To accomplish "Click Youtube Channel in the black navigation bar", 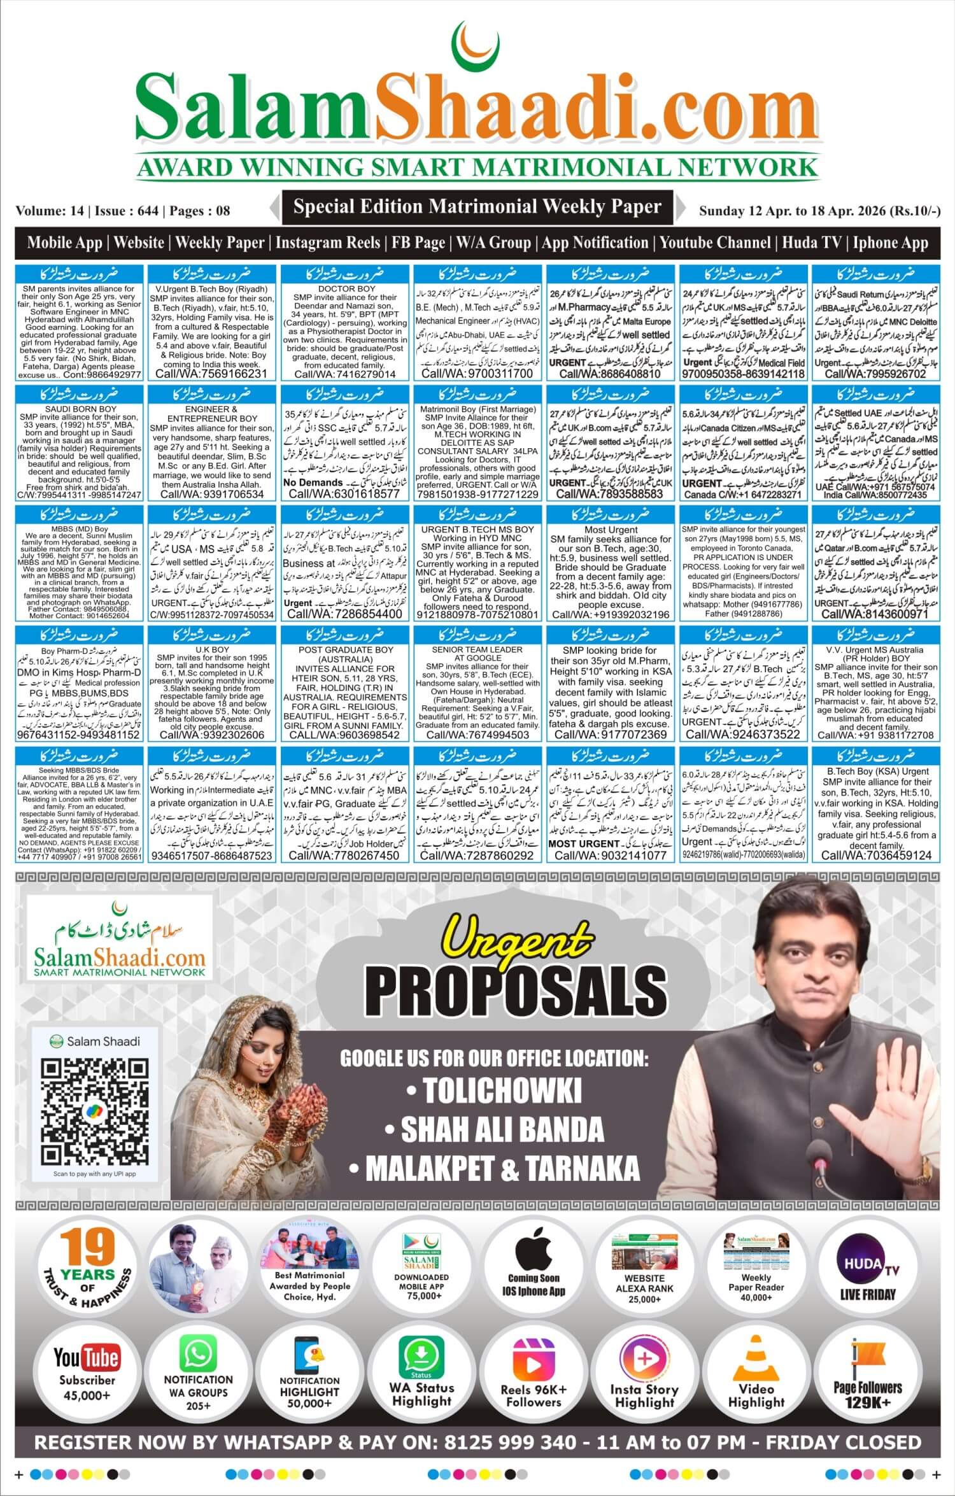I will [x=717, y=243].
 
